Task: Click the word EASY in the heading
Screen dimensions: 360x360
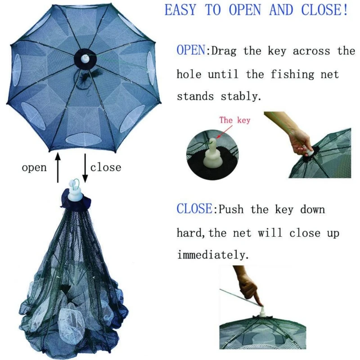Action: [x=180, y=10]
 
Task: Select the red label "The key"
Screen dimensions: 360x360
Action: [x=234, y=120]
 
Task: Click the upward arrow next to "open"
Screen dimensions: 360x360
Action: [x=58, y=168]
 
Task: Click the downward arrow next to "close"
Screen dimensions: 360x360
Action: [x=85, y=168]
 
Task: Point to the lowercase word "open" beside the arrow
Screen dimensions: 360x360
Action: [x=34, y=168]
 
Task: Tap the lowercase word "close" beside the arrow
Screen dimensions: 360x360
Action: [x=106, y=167]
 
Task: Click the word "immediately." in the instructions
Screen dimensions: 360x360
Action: [x=213, y=255]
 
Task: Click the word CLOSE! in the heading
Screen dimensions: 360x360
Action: [x=324, y=10]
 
